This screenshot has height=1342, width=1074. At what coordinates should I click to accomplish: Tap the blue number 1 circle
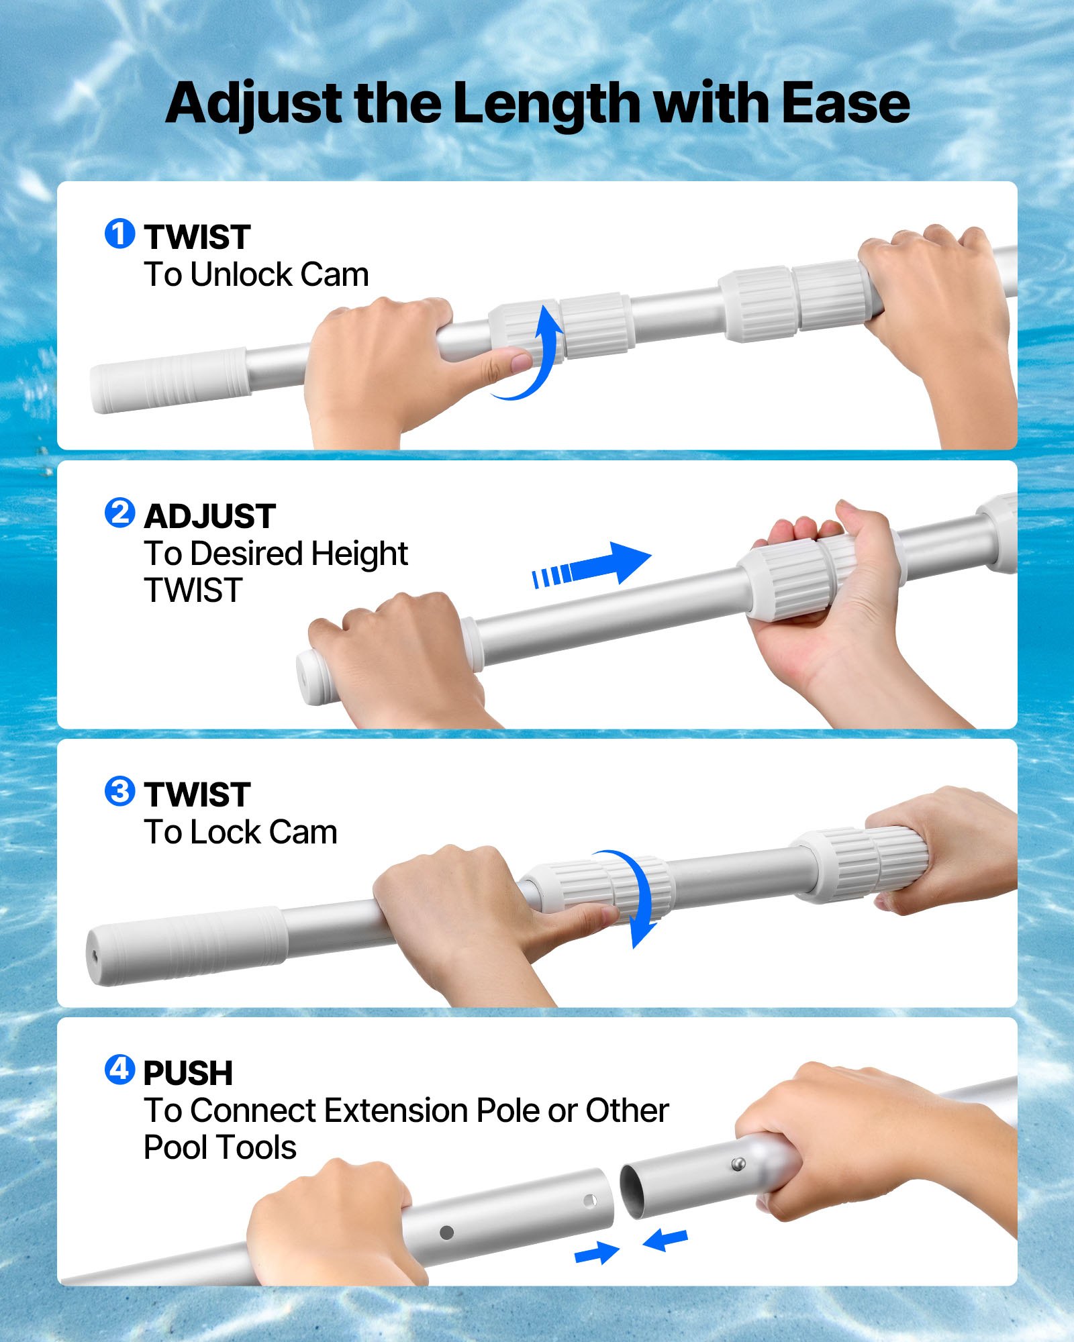pyautogui.click(x=119, y=234)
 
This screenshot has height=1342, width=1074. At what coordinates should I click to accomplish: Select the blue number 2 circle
pyautogui.click(x=119, y=513)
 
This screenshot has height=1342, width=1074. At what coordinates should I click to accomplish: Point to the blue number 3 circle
pyautogui.click(x=119, y=792)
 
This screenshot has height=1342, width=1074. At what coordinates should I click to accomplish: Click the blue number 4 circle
pyautogui.click(x=119, y=1070)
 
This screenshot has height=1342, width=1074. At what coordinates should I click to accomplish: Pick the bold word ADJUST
pyautogui.click(x=209, y=516)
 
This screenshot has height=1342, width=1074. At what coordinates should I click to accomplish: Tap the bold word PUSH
pyautogui.click(x=188, y=1073)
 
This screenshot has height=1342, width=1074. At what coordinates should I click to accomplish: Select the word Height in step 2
pyautogui.click(x=359, y=554)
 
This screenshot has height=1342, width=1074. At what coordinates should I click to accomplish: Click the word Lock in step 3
pyautogui.click(x=226, y=833)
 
